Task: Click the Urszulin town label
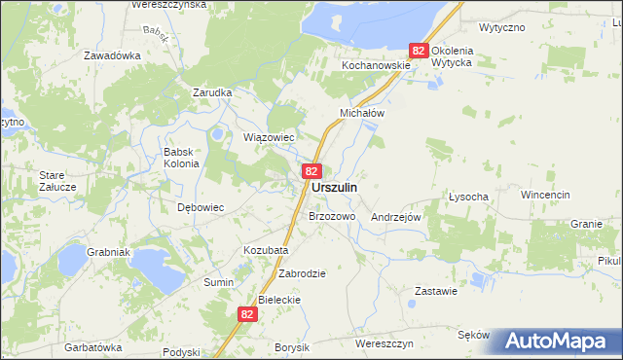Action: [x=333, y=187]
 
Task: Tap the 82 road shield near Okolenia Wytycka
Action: [x=419, y=50]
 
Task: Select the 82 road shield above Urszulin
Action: [x=311, y=170]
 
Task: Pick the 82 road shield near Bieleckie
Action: [x=247, y=313]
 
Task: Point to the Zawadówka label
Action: [x=112, y=55]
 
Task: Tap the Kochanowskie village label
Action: [x=374, y=65]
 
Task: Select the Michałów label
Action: [x=362, y=113]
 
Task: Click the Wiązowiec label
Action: [x=268, y=137]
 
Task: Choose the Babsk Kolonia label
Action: [x=181, y=158]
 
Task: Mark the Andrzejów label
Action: [x=395, y=218]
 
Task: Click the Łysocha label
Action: [x=467, y=196]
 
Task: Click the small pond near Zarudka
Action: [x=219, y=134]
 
